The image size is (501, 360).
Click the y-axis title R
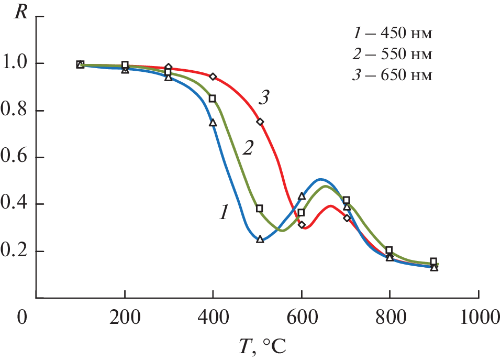(x=21, y=12)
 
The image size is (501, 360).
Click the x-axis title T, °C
(x=260, y=345)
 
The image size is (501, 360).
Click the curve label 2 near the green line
(x=248, y=148)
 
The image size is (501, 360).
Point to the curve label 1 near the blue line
(x=224, y=212)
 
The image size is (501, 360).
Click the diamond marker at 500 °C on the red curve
(x=260, y=122)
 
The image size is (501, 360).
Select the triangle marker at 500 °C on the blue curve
(x=260, y=239)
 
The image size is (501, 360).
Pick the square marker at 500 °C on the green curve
(x=259, y=209)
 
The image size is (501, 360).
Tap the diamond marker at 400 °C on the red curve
(x=213, y=77)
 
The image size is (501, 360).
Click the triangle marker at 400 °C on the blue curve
(x=213, y=123)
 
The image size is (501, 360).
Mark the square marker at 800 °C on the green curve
(x=389, y=250)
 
